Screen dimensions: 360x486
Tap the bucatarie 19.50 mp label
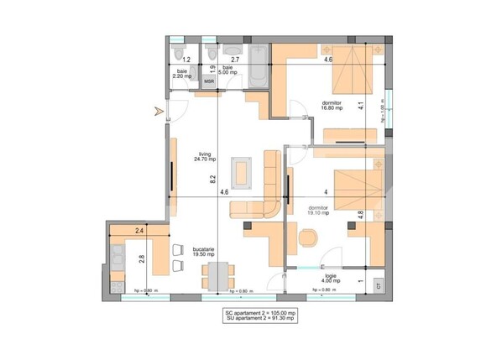(205, 251)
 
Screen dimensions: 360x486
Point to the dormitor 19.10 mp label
(317, 211)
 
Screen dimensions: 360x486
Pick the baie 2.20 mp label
(182, 74)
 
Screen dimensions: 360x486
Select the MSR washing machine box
(209, 81)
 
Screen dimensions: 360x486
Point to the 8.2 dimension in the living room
(213, 178)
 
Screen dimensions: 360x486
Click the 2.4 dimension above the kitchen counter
(138, 230)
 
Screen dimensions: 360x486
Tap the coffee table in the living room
(242, 170)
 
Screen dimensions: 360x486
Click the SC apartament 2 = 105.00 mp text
(259, 311)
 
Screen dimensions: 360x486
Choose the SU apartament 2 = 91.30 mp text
(259, 319)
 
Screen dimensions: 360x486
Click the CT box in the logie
(379, 284)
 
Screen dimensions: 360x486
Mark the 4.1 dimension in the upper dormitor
(361, 106)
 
